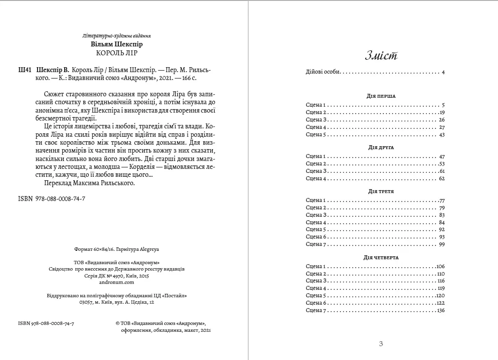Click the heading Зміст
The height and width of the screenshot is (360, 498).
[x=381, y=56]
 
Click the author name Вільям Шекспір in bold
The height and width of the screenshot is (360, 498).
[x=117, y=44]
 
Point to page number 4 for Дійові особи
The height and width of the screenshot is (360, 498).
[x=443, y=72]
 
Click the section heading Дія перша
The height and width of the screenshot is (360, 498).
[x=382, y=96]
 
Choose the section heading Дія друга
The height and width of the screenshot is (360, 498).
[x=381, y=147]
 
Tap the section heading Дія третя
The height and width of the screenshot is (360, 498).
[x=381, y=191]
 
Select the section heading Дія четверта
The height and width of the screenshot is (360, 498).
[x=381, y=257]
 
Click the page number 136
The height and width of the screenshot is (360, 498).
[x=441, y=310]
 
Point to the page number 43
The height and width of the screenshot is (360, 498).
[x=442, y=134]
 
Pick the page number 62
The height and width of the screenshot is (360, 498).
[x=442, y=178]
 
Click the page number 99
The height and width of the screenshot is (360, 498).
[x=442, y=244]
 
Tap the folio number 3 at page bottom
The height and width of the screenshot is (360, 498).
[x=381, y=344]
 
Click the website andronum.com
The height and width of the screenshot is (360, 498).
[x=116, y=282]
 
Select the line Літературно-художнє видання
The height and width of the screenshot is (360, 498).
[x=117, y=36]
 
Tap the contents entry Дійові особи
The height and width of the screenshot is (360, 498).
[x=323, y=72]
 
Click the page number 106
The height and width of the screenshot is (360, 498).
[x=441, y=266]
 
